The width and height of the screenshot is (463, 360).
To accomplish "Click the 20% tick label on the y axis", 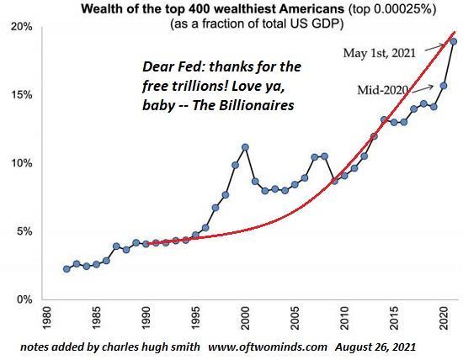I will coord(21,27).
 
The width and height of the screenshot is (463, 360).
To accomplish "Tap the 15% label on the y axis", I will coord(21,95).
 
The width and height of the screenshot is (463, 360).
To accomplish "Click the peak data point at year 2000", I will coord(245,147).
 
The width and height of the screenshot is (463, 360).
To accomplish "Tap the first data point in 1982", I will coord(67,269).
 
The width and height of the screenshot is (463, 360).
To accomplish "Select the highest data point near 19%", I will coord(454,41).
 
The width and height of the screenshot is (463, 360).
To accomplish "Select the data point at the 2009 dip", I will coord(334,181).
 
